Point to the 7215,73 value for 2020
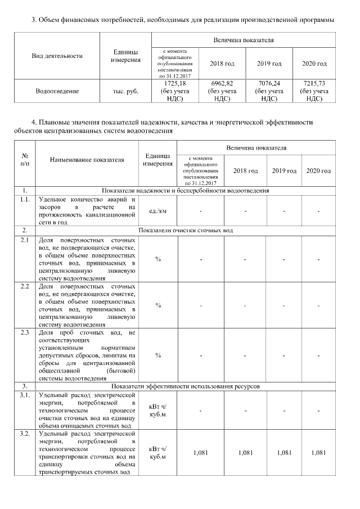pyautogui.click(x=314, y=83)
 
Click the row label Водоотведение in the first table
pyautogui.click(x=57, y=91)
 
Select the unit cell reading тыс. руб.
pyautogui.click(x=126, y=91)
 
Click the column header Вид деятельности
pyautogui.click(x=57, y=56)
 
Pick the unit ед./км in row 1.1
pyautogui.click(x=157, y=211)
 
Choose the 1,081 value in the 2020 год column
pyautogui.click(x=318, y=453)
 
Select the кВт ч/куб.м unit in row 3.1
pyautogui.click(x=157, y=411)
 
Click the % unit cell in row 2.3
pyautogui.click(x=158, y=355)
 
